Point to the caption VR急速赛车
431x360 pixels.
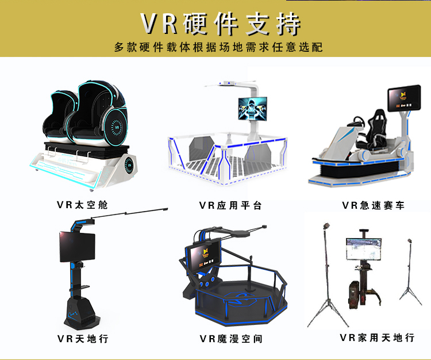pos(373,205)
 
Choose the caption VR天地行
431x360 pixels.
pos(83,338)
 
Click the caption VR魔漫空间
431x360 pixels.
pos(230,338)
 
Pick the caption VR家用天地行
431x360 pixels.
pos(377,338)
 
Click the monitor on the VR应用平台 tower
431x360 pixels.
pos(254,108)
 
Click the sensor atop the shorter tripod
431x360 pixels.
pos(410,241)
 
